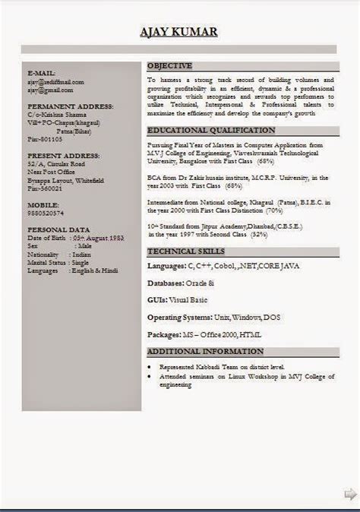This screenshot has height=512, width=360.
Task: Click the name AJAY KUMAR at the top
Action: tap(179, 31)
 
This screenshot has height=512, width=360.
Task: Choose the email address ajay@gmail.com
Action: tap(50, 90)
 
